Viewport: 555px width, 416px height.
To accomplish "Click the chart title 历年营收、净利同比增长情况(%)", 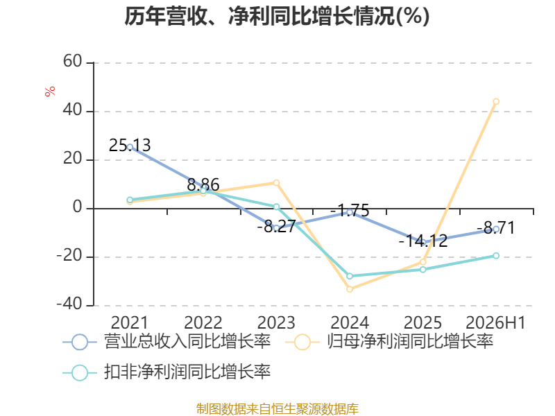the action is click(x=277, y=16).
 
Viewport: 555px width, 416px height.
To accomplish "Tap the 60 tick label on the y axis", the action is click(x=73, y=61).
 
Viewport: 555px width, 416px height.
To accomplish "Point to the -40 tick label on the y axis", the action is click(x=69, y=304).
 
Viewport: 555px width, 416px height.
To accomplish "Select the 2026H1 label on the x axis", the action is click(x=495, y=322).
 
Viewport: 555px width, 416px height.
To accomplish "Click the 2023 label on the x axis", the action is click(x=276, y=322).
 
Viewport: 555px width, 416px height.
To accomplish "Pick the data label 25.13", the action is click(x=130, y=145).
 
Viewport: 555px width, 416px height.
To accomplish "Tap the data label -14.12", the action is click(x=423, y=241).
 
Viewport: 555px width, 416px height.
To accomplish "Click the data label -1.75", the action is click(x=350, y=211).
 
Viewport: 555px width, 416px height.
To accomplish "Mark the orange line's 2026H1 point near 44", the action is click(x=496, y=101).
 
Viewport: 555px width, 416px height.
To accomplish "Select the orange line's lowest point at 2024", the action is click(x=350, y=289).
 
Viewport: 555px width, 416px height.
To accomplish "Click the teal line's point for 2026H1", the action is click(x=496, y=255).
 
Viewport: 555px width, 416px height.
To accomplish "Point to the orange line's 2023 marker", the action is click(x=276, y=182).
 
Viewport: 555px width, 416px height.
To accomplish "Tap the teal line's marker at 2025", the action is click(x=423, y=270).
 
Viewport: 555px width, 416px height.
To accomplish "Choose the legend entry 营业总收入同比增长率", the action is click(x=166, y=342).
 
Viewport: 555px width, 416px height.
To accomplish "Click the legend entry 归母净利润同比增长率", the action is click(x=389, y=342).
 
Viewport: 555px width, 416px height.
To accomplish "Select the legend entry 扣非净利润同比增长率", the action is click(x=166, y=372).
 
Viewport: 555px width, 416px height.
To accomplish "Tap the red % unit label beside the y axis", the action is click(x=50, y=91).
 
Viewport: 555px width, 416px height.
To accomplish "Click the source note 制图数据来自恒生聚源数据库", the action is click(x=277, y=409).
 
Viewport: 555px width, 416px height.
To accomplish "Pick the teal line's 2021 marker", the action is click(x=130, y=200).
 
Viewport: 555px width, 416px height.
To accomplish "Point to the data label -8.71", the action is click(x=495, y=228).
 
